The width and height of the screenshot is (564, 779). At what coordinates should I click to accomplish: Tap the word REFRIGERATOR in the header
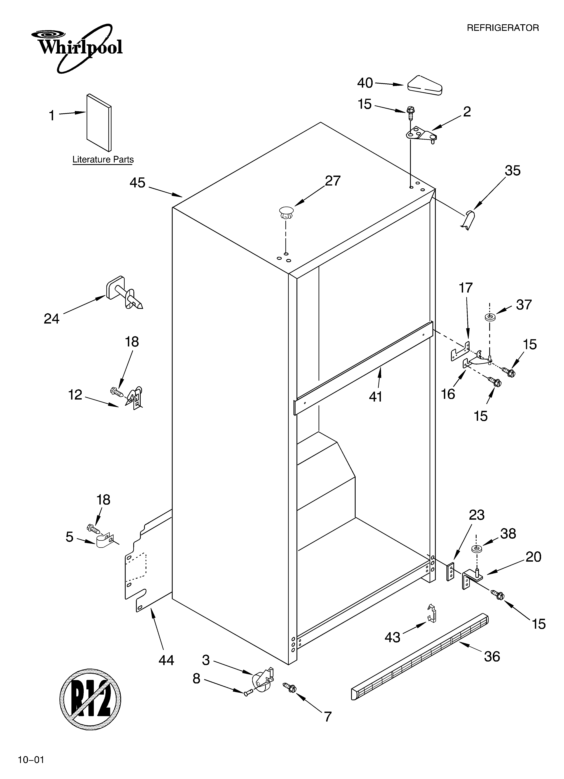point(503,28)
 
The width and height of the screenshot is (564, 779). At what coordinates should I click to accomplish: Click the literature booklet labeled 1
point(99,123)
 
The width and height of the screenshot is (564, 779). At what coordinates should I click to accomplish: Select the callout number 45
point(137,183)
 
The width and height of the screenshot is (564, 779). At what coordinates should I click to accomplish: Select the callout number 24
point(52,319)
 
